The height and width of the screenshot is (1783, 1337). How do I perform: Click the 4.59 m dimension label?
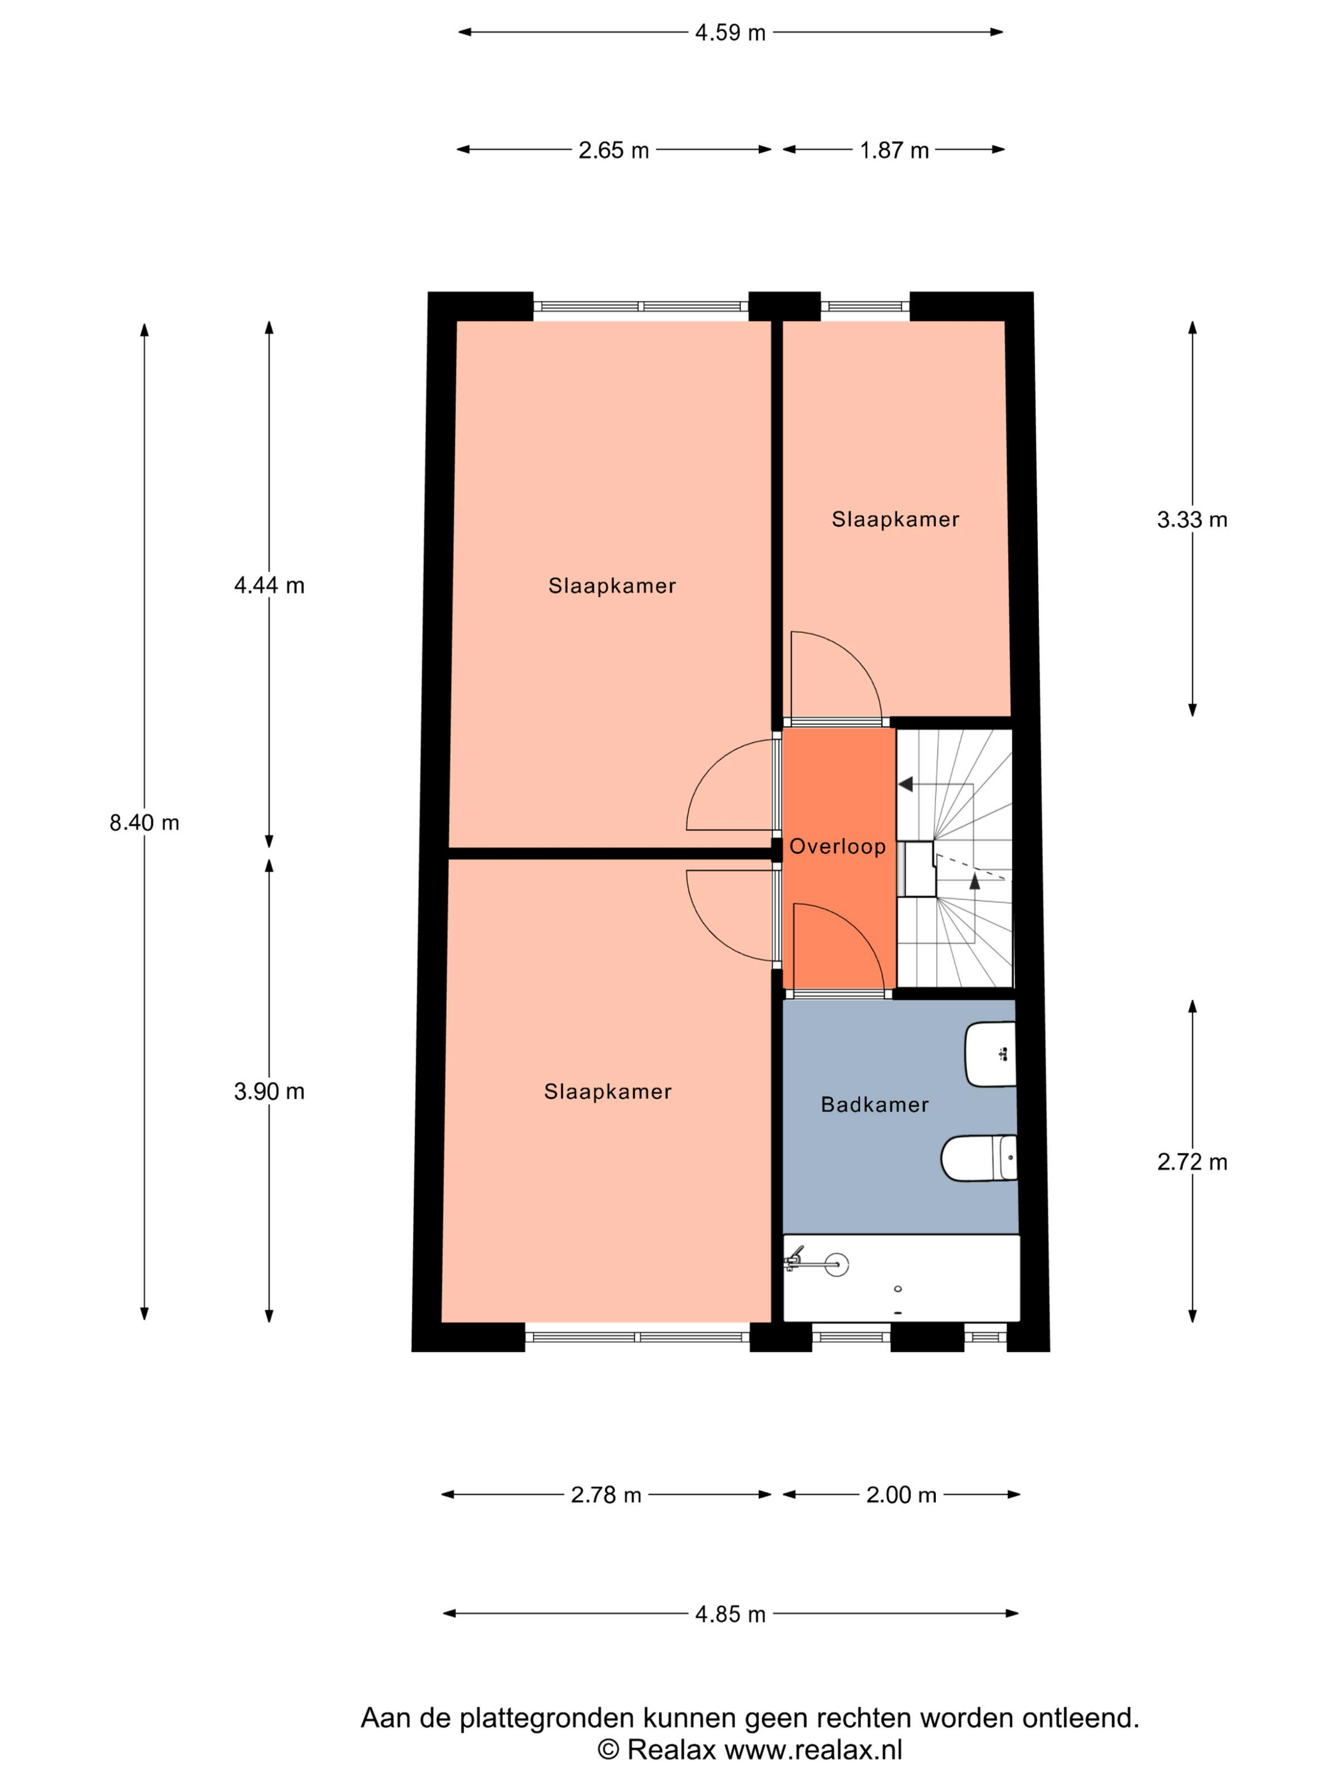pos(730,33)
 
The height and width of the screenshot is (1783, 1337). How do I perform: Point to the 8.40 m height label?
pos(145,822)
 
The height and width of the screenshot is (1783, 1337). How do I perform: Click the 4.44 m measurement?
pos(269,585)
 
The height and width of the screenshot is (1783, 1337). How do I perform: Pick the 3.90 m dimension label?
pos(269,1091)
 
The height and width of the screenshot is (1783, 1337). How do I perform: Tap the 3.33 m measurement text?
pos(1192,520)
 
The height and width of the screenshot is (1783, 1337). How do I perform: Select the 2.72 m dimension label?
pos(1192,1161)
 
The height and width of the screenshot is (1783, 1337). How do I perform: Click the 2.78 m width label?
pos(606,1495)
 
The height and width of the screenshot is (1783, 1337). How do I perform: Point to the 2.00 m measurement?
pos(901,1495)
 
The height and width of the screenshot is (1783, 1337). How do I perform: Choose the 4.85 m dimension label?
pos(730,1614)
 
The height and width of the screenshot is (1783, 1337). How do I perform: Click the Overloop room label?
pos(837,846)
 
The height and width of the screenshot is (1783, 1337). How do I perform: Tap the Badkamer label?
pos(874,1104)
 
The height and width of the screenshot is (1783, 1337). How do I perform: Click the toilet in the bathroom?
pos(979,1158)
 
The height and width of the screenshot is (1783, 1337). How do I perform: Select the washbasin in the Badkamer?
pos(991,1055)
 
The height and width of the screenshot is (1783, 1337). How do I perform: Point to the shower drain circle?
pos(837,1265)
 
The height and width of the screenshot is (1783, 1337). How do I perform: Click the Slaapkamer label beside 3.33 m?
pos(895,520)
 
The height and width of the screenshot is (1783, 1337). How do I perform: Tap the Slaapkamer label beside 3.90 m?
pos(607,1091)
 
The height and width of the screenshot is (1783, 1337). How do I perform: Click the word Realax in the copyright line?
pos(671,1750)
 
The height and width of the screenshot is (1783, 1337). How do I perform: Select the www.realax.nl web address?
pos(813,1750)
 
